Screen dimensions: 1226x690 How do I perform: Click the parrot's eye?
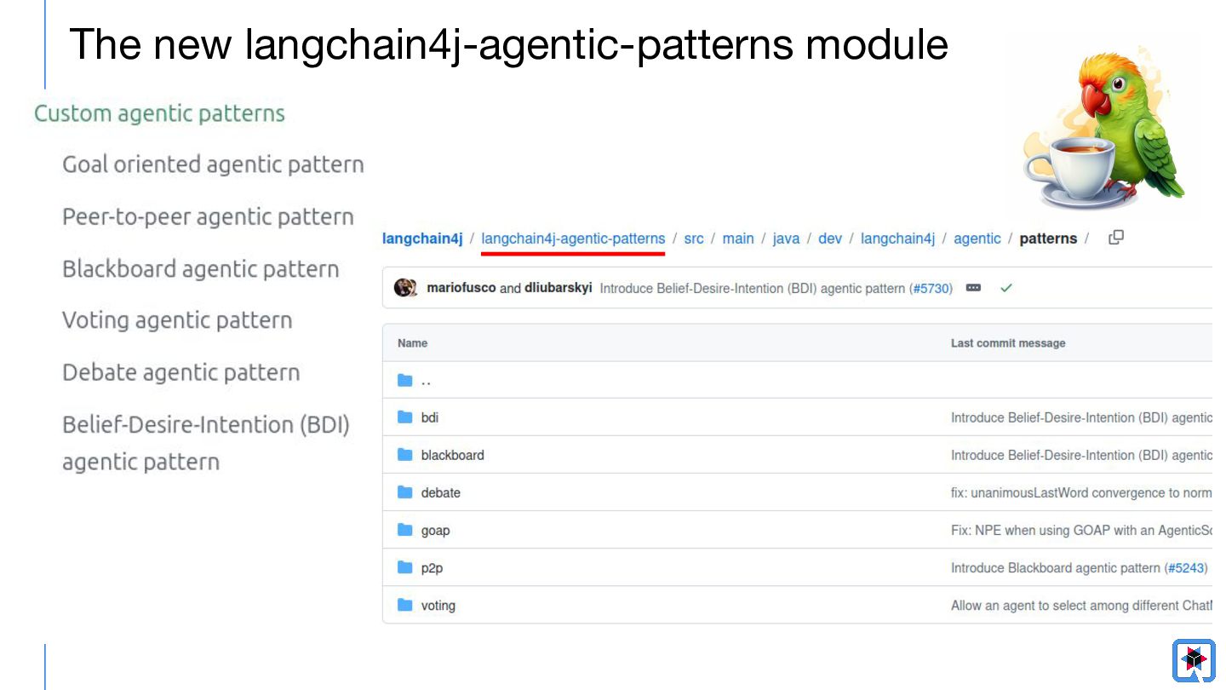pyautogui.click(x=1118, y=83)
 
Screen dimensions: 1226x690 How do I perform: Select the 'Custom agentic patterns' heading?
pyautogui.click(x=159, y=114)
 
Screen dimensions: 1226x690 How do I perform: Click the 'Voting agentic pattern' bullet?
pyautogui.click(x=177, y=320)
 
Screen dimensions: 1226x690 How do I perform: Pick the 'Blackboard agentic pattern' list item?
pyautogui.click(x=201, y=269)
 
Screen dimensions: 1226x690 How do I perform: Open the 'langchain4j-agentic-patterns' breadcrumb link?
pyautogui.click(x=573, y=239)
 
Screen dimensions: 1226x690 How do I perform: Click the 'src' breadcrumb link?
pyautogui.click(x=693, y=239)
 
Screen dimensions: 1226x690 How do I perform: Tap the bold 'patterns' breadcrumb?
pyautogui.click(x=1048, y=239)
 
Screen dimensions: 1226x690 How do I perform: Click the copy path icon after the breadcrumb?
pyautogui.click(x=1116, y=238)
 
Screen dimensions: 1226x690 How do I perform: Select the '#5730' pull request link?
pyautogui.click(x=931, y=289)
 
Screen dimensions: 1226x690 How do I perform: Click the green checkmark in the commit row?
pyautogui.click(x=1006, y=288)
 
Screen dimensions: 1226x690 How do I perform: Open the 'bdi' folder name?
pyautogui.click(x=430, y=417)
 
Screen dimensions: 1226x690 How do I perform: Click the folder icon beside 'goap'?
pyautogui.click(x=405, y=530)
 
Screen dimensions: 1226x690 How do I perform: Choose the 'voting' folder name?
pyautogui.click(x=438, y=606)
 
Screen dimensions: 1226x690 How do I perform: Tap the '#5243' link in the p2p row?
pyautogui.click(x=1186, y=568)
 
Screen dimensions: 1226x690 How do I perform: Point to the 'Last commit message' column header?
pyautogui.click(x=1008, y=343)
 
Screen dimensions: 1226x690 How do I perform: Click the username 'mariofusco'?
pyautogui.click(x=461, y=288)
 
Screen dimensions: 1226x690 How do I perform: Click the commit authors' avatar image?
pyautogui.click(x=405, y=288)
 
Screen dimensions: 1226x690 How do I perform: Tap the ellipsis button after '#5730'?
pyautogui.click(x=973, y=288)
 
